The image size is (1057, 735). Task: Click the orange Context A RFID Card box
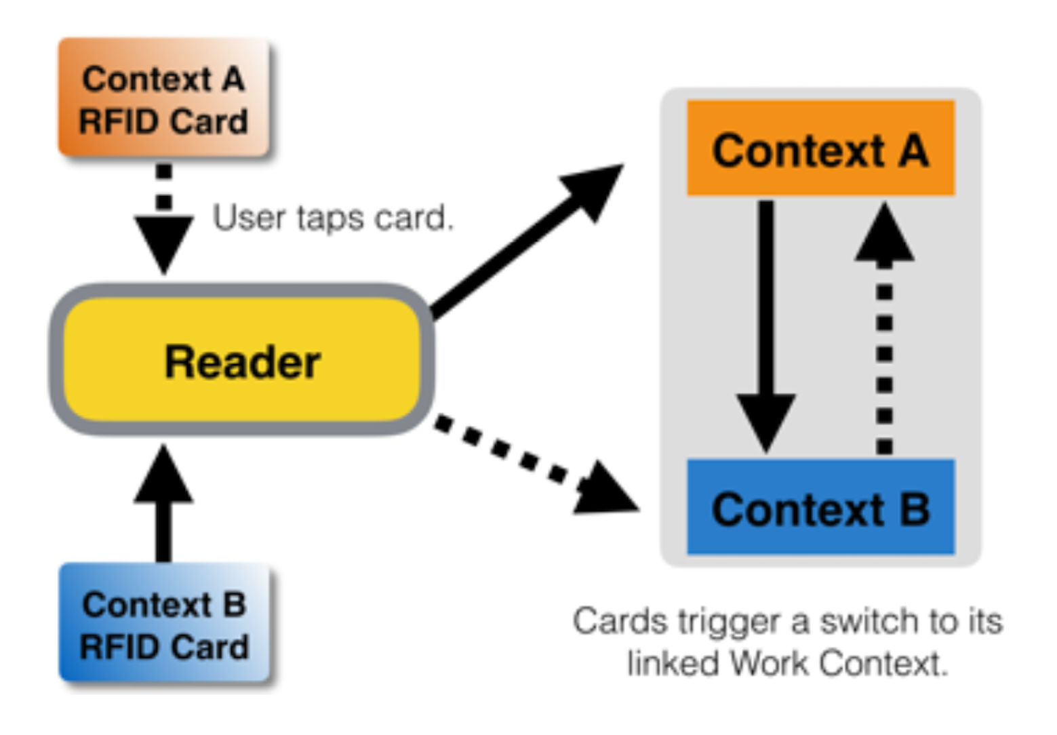pyautogui.click(x=163, y=99)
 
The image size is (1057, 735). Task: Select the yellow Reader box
pyautogui.click(x=242, y=360)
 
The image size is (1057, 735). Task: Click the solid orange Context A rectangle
pyautogui.click(x=820, y=148)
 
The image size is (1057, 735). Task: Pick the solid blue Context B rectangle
pyautogui.click(x=820, y=507)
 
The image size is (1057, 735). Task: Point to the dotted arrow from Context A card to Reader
pyautogui.click(x=163, y=217)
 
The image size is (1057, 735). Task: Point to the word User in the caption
pyautogui.click(x=250, y=218)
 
